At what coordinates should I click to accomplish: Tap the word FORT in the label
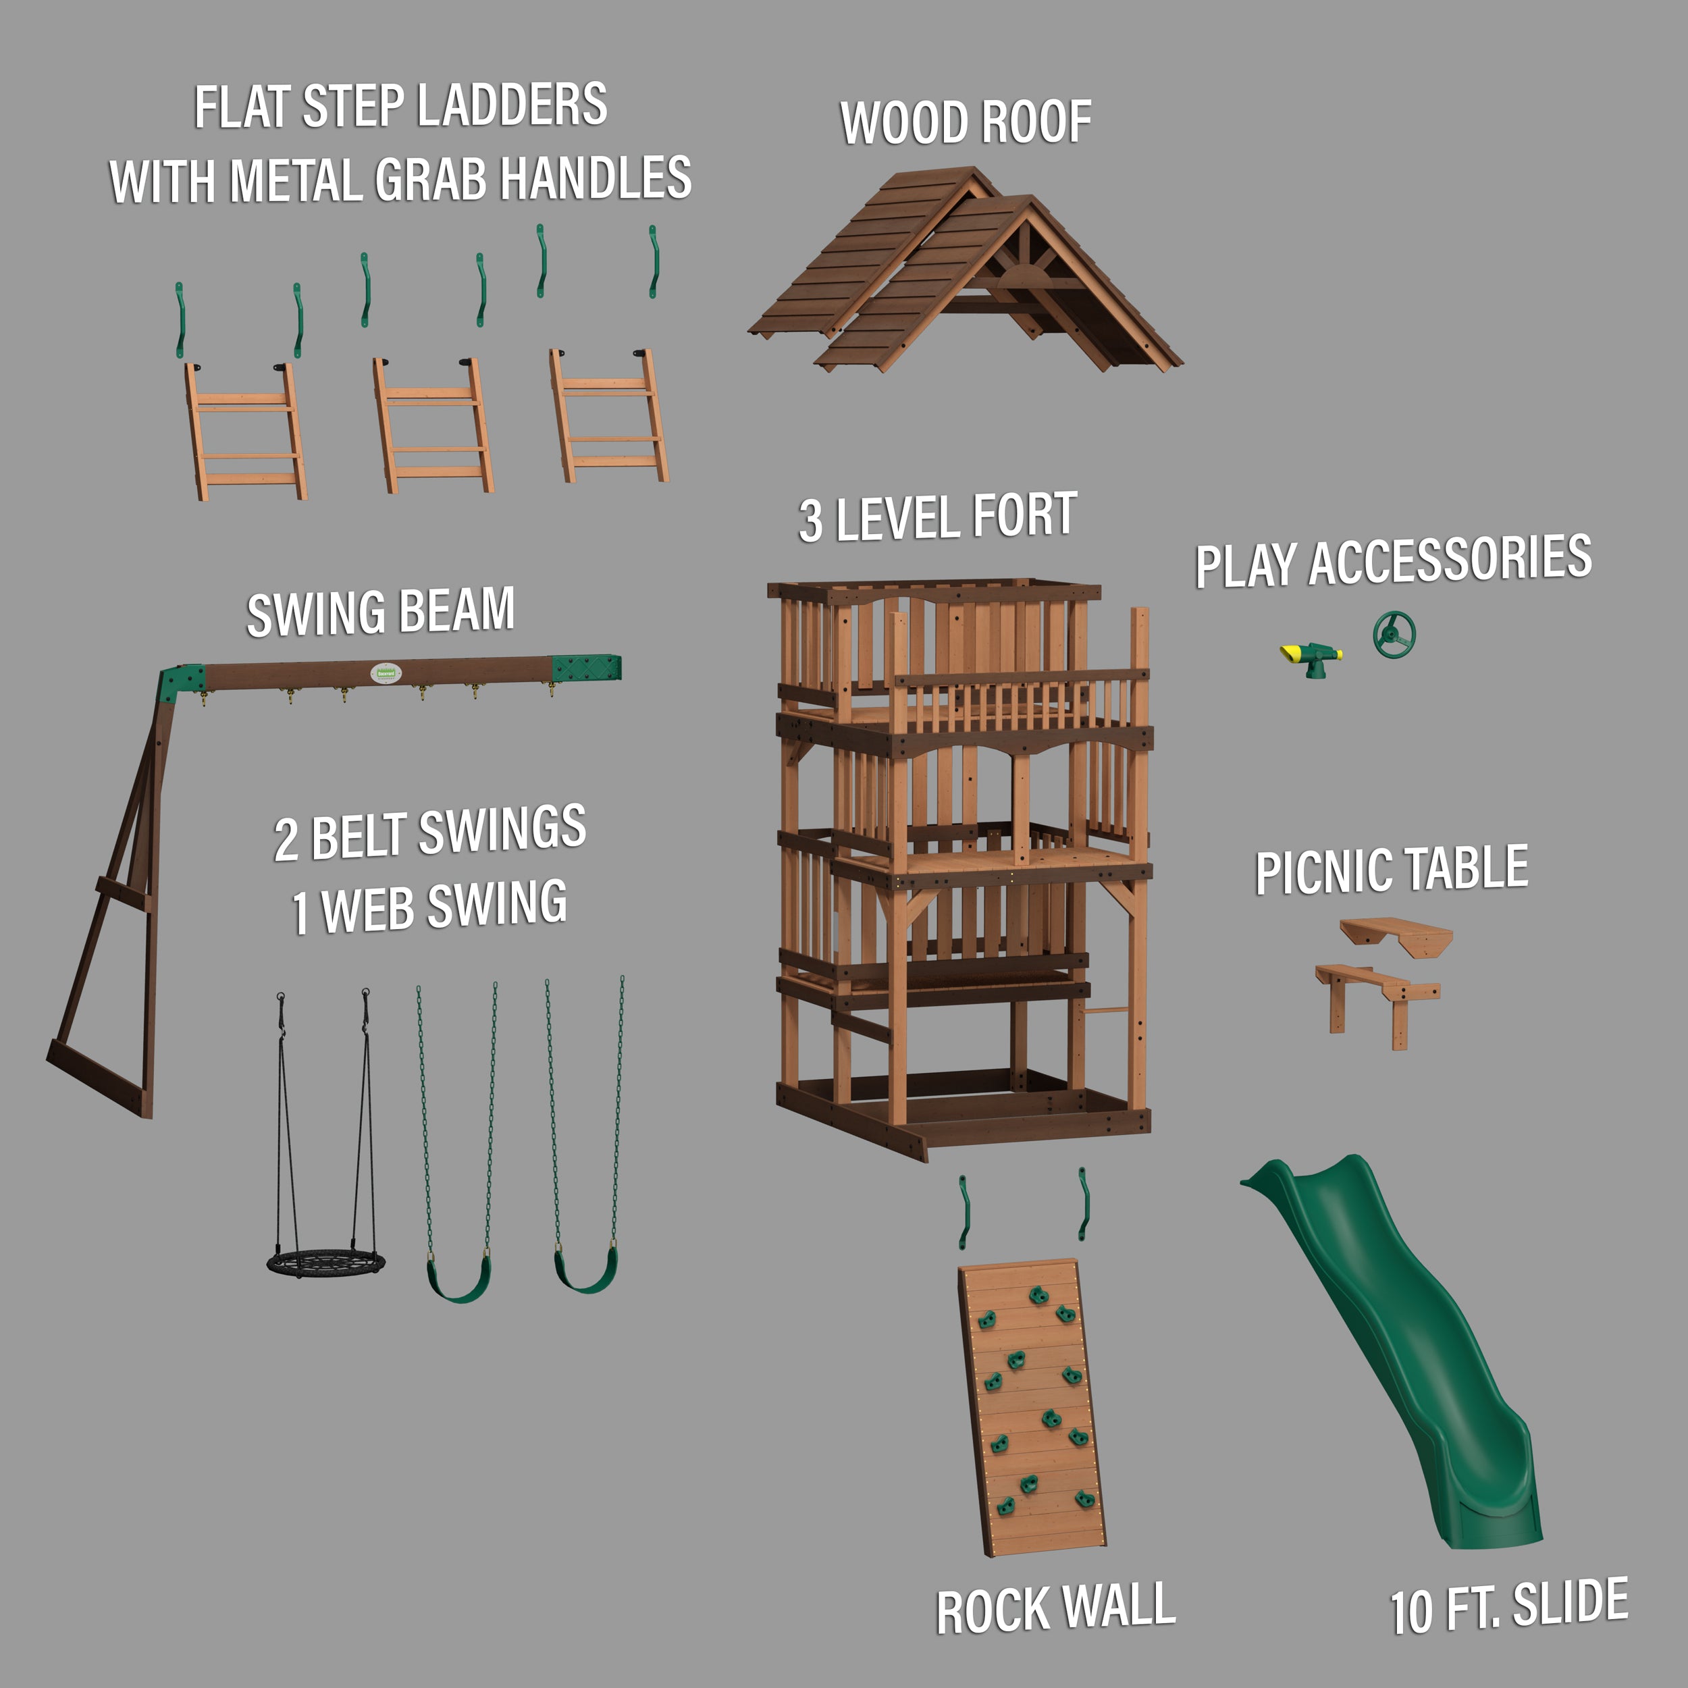point(1024,515)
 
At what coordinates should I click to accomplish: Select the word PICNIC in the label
point(1323,872)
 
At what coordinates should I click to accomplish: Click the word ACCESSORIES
point(1450,560)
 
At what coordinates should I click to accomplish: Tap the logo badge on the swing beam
point(386,674)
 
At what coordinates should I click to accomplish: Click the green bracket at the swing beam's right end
point(586,669)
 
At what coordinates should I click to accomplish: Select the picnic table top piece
point(1396,936)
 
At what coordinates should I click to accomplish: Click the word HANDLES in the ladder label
point(597,178)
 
